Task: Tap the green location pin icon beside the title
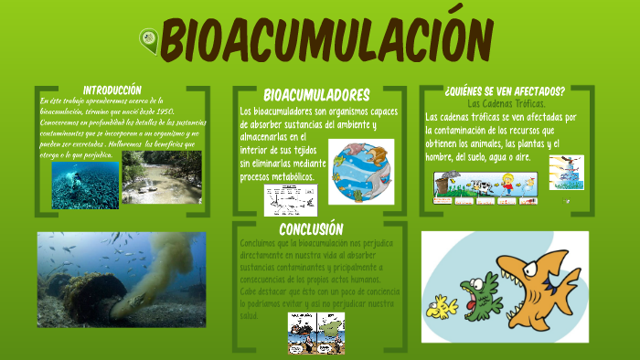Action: [x=147, y=39]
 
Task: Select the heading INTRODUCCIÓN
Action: [x=112, y=90]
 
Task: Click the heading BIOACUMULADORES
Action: [x=316, y=95]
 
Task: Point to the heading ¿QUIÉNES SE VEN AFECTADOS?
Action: [x=504, y=91]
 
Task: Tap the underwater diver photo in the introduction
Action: [x=85, y=185]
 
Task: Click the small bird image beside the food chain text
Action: [x=566, y=171]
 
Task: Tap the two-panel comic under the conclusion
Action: [x=316, y=333]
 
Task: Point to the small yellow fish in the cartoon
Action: [x=444, y=308]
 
